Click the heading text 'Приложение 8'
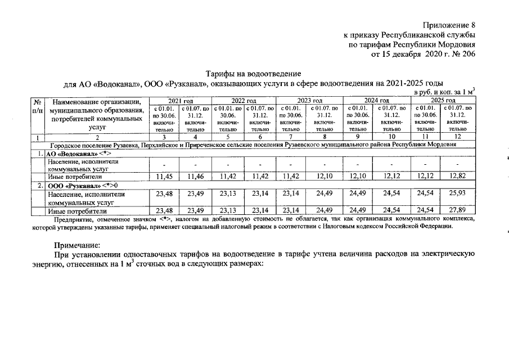[448, 25]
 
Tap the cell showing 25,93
[457, 193]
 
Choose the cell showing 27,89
[457, 211]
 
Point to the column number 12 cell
[457, 137]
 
